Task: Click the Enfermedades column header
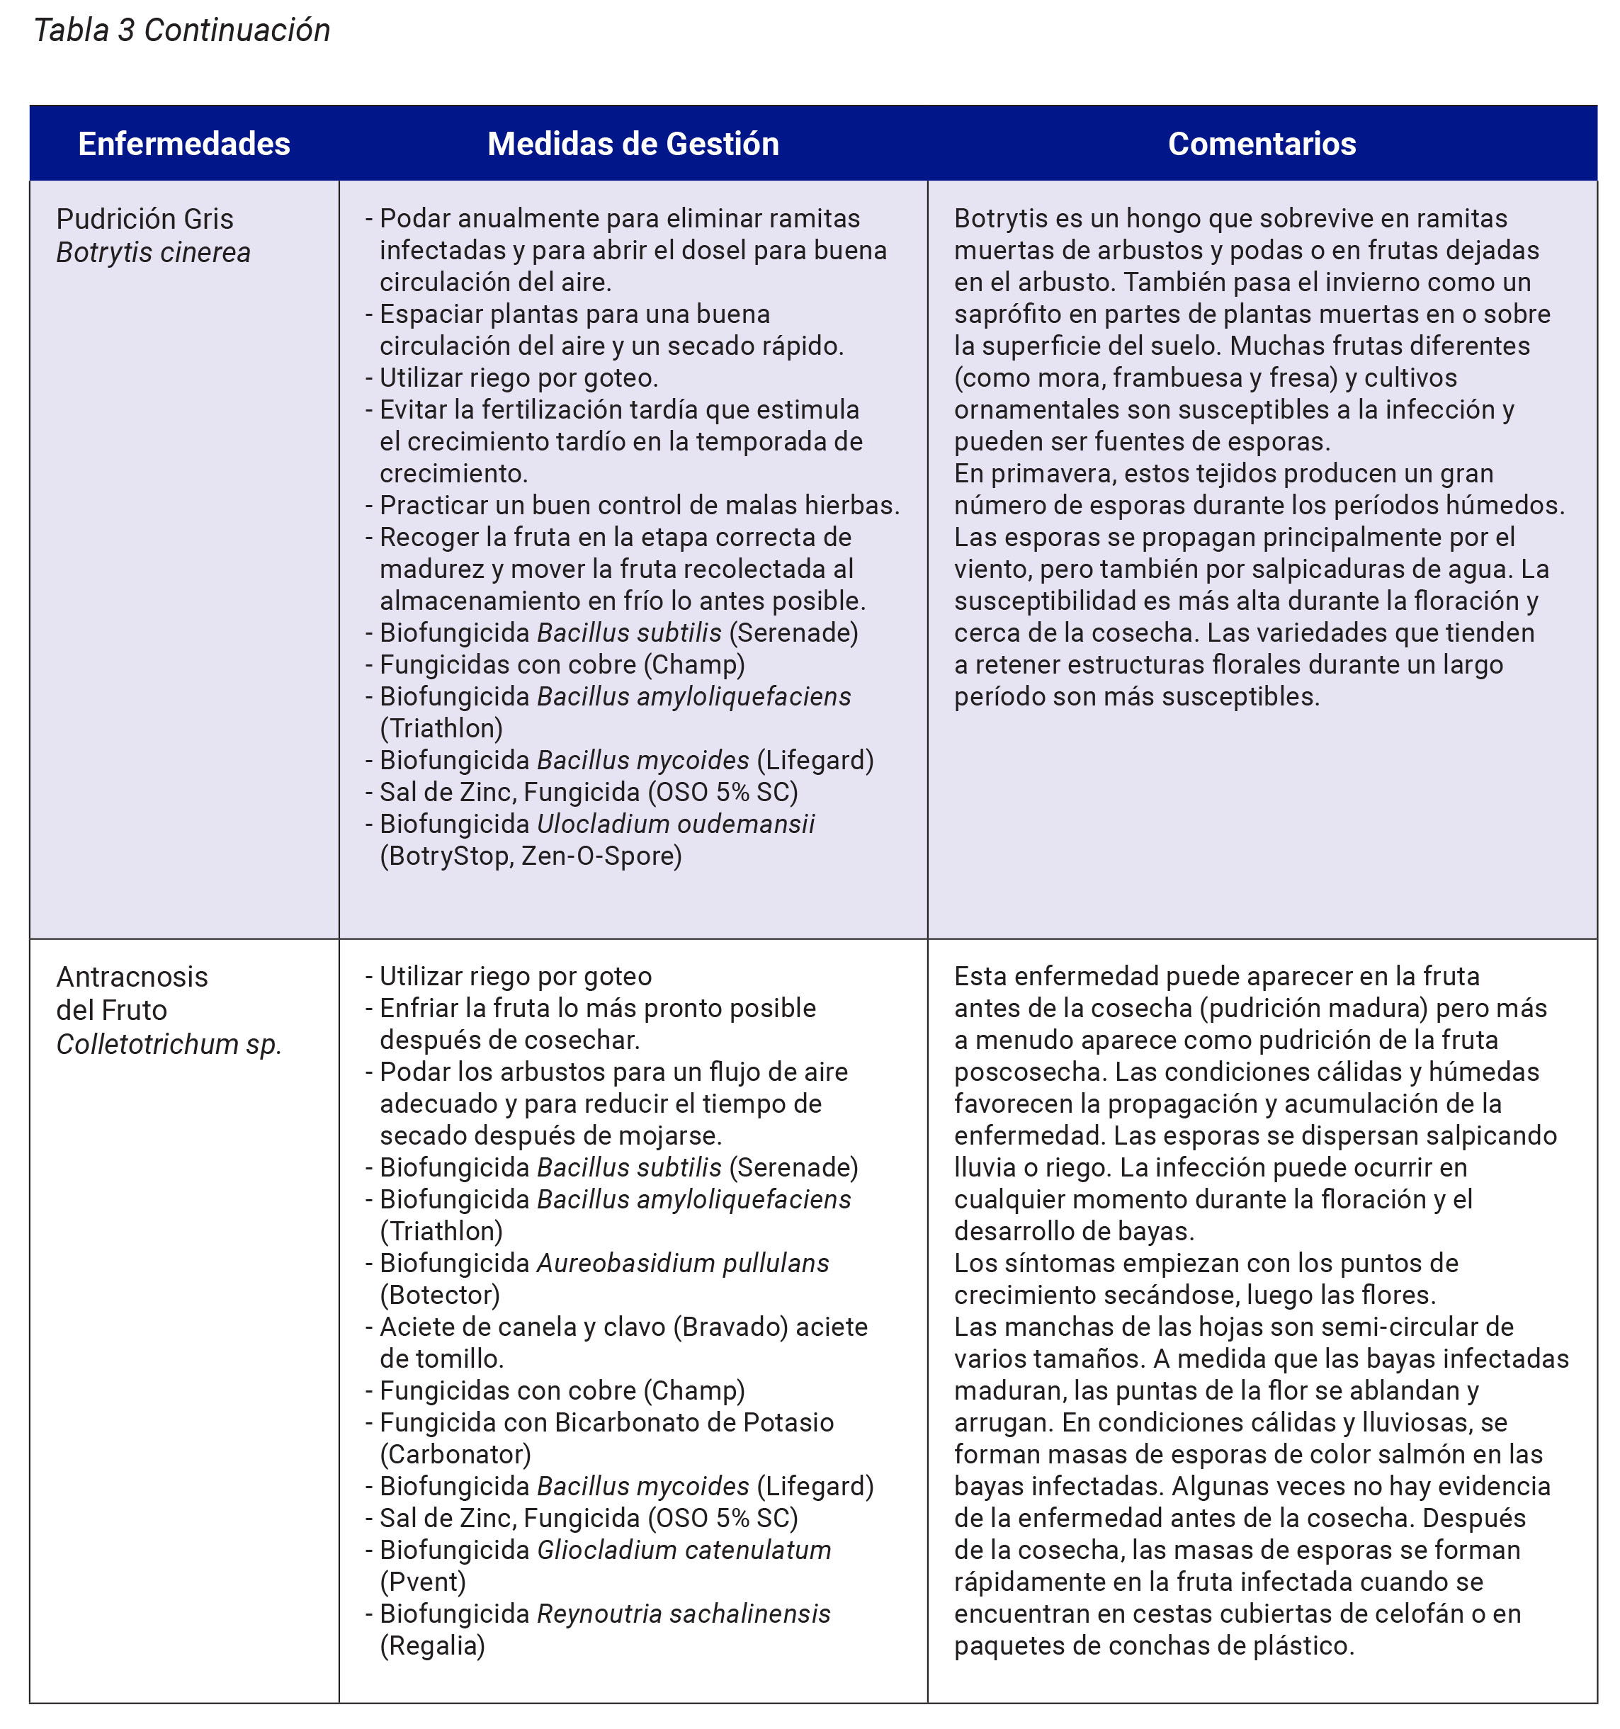183,144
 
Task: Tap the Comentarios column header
1261,144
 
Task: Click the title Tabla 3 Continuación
182,30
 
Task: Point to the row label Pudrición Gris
145,218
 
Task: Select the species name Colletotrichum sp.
169,1043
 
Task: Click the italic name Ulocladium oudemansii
675,824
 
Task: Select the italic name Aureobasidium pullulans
683,1263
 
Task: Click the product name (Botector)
440,1295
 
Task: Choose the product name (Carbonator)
455,1454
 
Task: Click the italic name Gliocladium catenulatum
684,1550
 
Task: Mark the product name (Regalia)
432,1645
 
